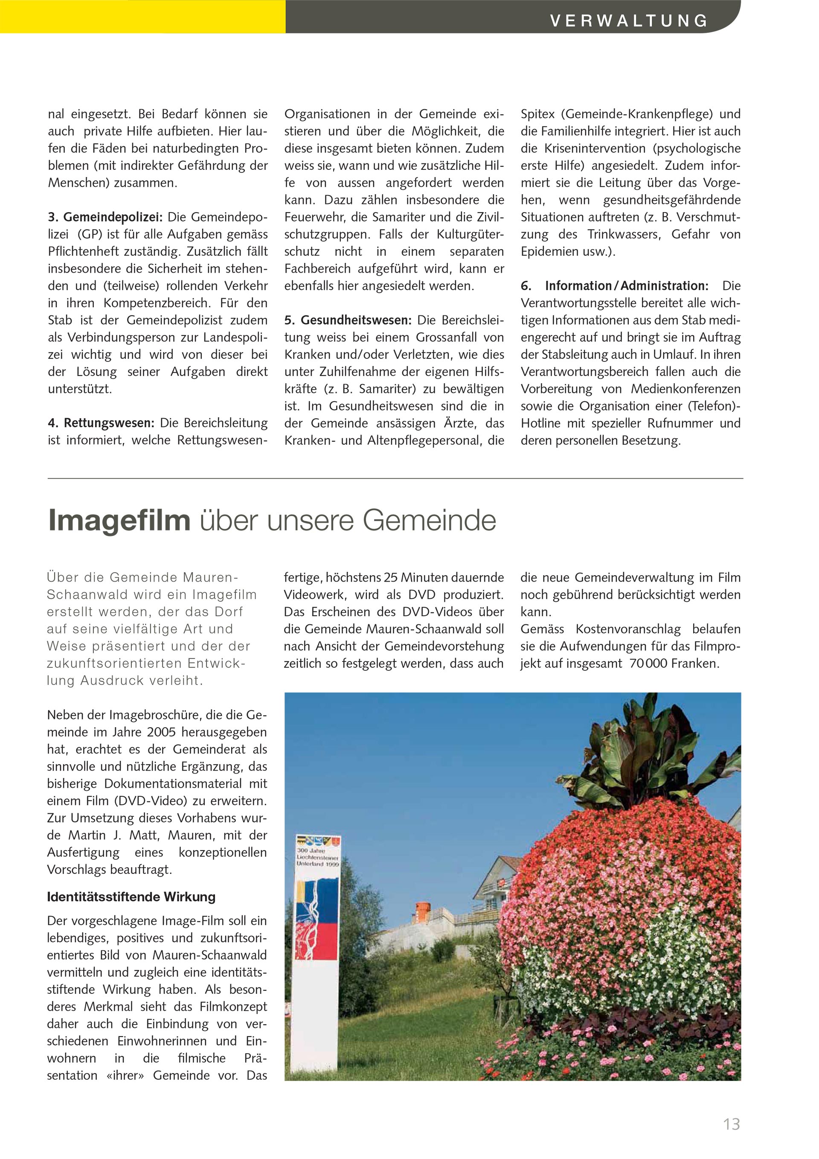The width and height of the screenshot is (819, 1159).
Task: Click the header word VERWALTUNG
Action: click(629, 20)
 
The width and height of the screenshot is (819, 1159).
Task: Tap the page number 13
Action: click(731, 1124)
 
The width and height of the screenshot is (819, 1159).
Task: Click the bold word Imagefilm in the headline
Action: click(119, 521)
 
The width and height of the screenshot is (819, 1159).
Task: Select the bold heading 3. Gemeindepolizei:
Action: click(105, 218)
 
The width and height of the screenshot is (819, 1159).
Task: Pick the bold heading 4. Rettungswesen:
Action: click(102, 423)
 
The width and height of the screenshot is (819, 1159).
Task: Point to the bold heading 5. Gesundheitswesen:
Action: click(348, 320)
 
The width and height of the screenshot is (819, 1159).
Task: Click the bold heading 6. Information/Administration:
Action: click(615, 286)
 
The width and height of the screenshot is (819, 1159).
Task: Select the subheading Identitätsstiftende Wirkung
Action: click(131, 897)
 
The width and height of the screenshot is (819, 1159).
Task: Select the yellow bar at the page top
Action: click(143, 16)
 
